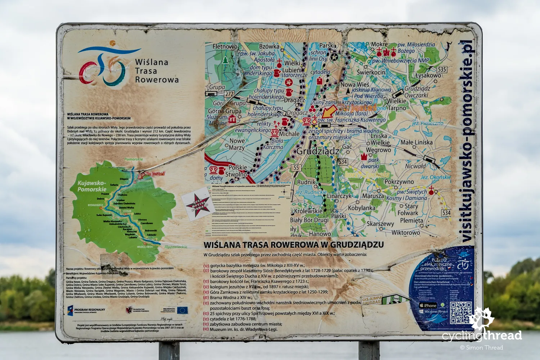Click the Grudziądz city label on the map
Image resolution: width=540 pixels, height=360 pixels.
pos(318,151)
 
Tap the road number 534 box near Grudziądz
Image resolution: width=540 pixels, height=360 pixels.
pos(342,162)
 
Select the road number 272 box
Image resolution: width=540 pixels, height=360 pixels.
pos(229,94)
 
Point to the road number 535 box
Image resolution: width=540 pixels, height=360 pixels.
pos(442,69)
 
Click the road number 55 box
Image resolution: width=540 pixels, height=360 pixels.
pos(296,167)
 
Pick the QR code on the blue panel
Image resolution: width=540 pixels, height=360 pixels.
pos(460,313)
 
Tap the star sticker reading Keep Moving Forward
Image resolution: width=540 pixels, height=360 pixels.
pos(198,204)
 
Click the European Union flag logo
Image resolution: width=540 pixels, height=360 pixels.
pos(182,310)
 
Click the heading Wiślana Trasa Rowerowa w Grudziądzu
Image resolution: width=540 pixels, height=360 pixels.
pos(293,245)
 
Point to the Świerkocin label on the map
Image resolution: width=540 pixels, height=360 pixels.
pos(371,72)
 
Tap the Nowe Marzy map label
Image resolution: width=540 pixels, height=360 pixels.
pos(237,144)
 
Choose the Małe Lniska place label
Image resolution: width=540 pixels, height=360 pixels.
pos(417,142)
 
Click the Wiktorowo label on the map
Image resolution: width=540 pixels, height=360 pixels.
pos(406,233)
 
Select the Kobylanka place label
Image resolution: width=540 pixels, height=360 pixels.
pos(361,208)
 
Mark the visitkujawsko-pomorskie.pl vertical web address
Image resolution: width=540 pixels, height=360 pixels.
pos(467,140)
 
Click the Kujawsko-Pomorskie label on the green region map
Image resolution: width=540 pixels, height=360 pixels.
pos(92,186)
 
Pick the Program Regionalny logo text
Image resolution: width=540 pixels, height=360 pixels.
pos(89,310)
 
